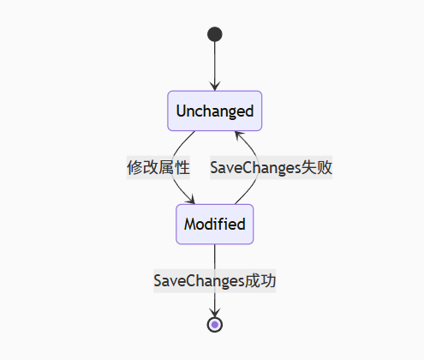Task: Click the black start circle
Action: point(214,34)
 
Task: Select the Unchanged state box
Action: point(214,111)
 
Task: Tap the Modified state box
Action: point(214,225)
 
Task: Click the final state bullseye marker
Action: point(214,324)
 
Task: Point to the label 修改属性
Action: point(158,167)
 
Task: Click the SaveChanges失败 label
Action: point(271,167)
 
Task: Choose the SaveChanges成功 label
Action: point(214,280)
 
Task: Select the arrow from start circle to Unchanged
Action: point(214,64)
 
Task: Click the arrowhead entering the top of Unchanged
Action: point(214,85)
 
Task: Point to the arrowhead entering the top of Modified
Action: point(191,200)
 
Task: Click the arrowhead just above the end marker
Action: point(214,311)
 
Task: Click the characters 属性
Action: point(173,167)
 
